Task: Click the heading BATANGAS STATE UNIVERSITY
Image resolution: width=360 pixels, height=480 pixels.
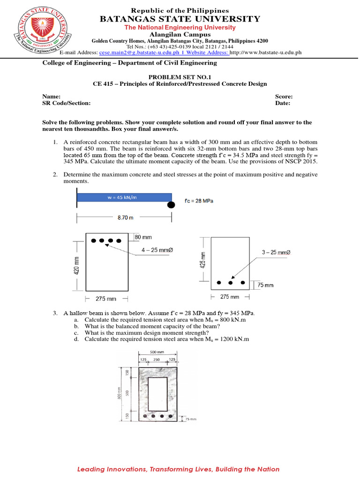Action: pyautogui.click(x=180, y=19)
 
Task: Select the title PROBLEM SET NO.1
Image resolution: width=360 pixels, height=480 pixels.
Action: pyautogui.click(x=180, y=76)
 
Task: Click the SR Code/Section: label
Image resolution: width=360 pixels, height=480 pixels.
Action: pyautogui.click(x=66, y=103)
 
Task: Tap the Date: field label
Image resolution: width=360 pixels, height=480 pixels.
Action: pyautogui.click(x=282, y=103)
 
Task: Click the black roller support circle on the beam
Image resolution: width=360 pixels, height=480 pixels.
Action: pyautogui.click(x=172, y=204)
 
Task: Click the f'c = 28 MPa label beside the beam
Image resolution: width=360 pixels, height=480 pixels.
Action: pyautogui.click(x=199, y=201)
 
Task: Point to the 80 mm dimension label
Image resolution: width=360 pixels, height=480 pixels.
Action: pyautogui.click(x=143, y=237)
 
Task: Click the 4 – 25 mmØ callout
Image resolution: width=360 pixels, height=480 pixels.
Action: pyautogui.click(x=157, y=250)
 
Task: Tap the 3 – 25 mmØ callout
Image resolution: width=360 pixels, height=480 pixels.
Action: pyautogui.click(x=277, y=253)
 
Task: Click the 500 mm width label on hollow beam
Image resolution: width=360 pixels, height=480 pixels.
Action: pyautogui.click(x=157, y=352)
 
